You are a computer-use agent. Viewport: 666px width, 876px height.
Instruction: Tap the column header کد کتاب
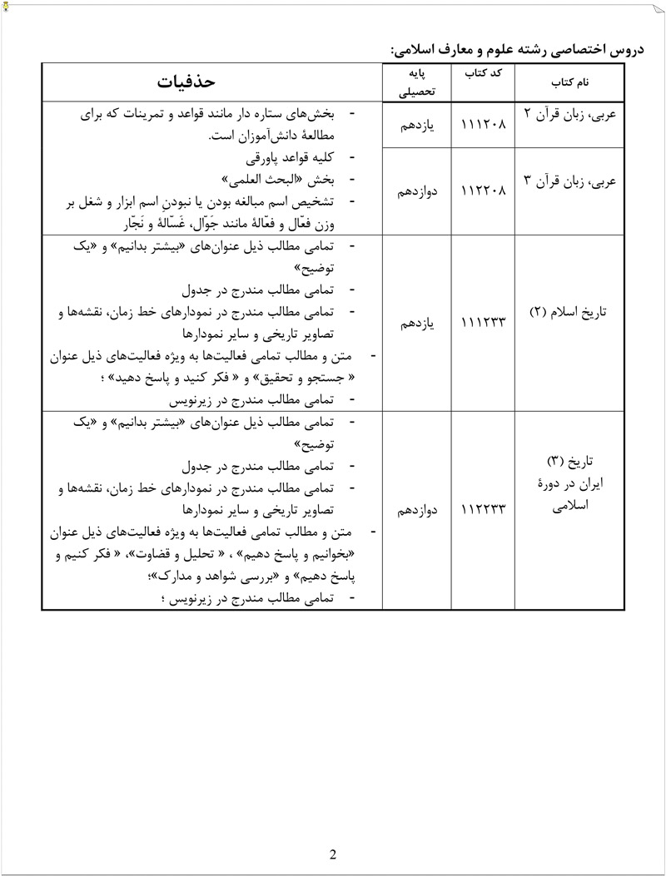click(x=483, y=74)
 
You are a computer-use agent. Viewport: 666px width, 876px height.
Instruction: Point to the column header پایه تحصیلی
click(x=414, y=83)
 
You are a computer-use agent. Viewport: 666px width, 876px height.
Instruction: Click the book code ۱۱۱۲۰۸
click(x=483, y=125)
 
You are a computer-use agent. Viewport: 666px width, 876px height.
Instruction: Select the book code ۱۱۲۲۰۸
click(x=483, y=190)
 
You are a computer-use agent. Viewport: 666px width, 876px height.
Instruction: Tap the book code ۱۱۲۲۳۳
click(x=483, y=507)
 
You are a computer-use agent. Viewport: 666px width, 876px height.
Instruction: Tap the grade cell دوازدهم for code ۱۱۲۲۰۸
click(x=414, y=190)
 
